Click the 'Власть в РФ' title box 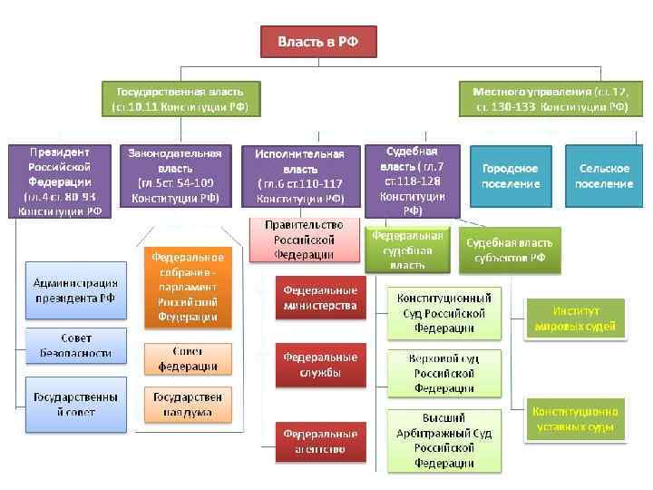[x=317, y=42]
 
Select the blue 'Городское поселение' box [x=511, y=176]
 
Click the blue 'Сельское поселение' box [x=606, y=176]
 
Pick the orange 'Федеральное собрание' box [x=188, y=287]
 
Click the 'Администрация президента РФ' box [x=74, y=290]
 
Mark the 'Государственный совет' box [x=74, y=404]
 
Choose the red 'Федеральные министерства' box [x=320, y=299]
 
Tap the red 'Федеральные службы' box [x=320, y=365]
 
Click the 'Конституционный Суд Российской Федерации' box [x=444, y=312]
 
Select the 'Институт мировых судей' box [x=576, y=318]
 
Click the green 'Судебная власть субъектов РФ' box [x=510, y=250]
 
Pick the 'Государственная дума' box [x=188, y=405]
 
